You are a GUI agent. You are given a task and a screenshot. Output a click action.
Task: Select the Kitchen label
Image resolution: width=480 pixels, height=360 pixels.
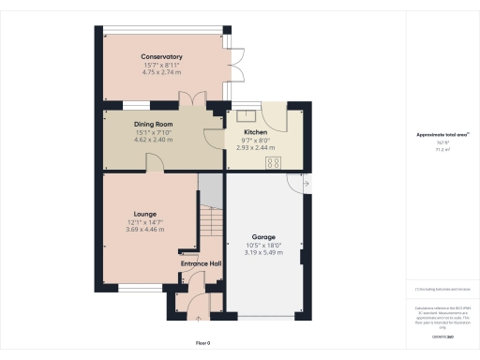tap(254, 133)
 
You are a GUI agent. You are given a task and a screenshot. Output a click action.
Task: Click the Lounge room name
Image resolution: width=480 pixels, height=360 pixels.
tap(144, 214)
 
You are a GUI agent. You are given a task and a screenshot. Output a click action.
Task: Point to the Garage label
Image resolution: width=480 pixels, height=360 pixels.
tap(262, 237)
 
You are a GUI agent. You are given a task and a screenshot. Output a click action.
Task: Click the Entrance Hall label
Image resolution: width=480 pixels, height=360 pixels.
tap(201, 263)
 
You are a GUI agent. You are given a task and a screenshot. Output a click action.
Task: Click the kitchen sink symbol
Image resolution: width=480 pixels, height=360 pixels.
tap(246, 115)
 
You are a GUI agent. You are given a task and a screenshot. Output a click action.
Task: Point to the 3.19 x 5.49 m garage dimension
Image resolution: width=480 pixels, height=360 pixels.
tap(262, 252)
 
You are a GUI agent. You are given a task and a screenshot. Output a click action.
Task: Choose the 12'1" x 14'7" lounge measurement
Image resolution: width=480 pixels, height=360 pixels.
tap(144, 222)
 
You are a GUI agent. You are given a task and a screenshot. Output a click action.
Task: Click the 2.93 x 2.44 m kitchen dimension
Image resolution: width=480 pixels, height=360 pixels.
tap(254, 148)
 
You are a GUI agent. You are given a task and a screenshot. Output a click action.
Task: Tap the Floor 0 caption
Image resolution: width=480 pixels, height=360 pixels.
tap(203, 344)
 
